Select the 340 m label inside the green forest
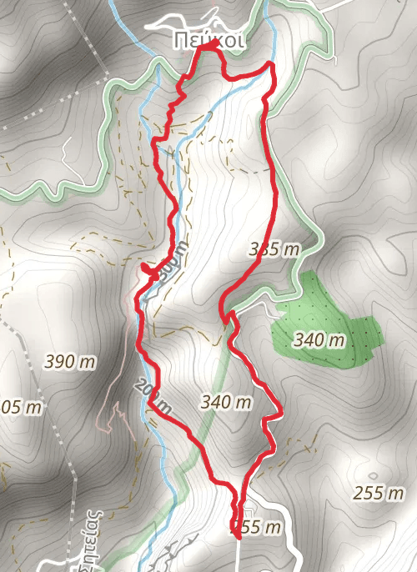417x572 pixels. pyautogui.click(x=319, y=340)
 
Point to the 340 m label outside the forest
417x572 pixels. pyautogui.click(x=226, y=402)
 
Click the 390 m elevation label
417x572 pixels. pyautogui.click(x=70, y=362)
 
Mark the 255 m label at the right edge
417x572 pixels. pyautogui.click(x=379, y=493)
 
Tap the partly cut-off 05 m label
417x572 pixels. pyautogui.click(x=21, y=408)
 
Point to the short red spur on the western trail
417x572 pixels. pyautogui.click(x=148, y=268)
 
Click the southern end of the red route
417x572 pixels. pyautogui.click(x=239, y=538)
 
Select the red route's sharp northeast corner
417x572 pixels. pyautogui.click(x=271, y=64)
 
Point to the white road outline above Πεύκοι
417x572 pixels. pyautogui.click(x=208, y=20)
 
